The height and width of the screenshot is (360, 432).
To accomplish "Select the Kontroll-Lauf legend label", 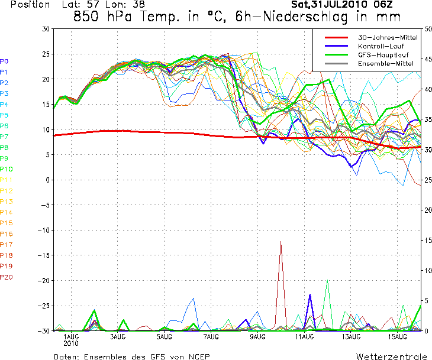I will tap(379, 46).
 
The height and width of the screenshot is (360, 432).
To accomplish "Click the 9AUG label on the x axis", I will tap(257, 337).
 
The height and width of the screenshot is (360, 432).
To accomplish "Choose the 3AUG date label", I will tap(118, 337).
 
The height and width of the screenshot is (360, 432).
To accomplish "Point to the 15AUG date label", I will tap(397, 337).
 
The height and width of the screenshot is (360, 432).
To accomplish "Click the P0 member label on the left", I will tap(5, 61).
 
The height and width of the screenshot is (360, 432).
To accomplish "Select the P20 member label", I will tap(7, 277).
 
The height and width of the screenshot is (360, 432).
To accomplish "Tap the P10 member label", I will tap(7, 169).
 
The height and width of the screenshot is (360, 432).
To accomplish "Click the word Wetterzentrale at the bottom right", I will tap(391, 357).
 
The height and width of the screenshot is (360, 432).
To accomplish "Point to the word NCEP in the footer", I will tap(196, 357).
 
